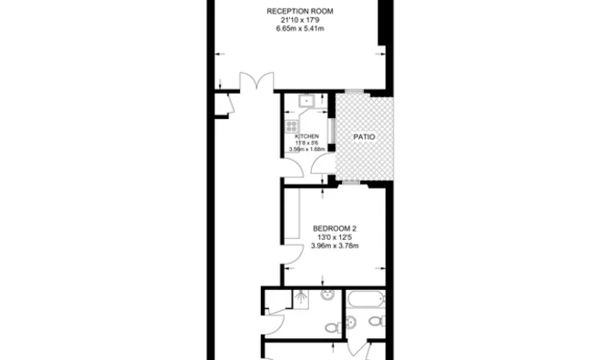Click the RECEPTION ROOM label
300,11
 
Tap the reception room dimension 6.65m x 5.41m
300,29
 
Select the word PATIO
364,136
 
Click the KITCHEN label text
306,135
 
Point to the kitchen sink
306,102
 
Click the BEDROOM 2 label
335,228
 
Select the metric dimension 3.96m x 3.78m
335,245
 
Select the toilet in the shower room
333,327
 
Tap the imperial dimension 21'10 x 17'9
300,20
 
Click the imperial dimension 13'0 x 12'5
335,237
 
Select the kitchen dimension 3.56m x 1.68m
306,149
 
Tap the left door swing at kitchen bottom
293,168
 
